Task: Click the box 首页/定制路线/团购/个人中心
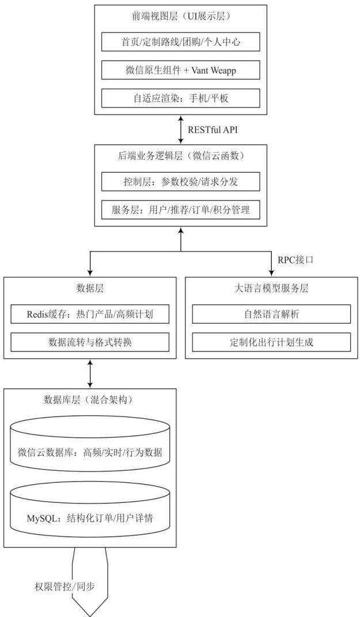181,42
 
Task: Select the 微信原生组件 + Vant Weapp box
181,70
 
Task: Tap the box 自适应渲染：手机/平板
181,98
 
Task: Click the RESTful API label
213,130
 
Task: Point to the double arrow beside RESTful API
181,130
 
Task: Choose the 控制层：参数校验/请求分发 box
181,182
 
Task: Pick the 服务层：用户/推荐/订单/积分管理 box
181,210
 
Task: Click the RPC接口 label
295,260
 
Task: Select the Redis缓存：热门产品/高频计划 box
90,315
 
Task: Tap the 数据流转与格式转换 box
90,342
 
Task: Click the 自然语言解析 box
271,315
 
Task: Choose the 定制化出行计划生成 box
271,342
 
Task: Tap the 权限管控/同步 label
65,586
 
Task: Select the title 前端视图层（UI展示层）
181,16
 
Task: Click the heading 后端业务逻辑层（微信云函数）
181,156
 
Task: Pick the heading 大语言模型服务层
271,288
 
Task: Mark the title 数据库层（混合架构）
90,400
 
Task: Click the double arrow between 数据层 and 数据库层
90,373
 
